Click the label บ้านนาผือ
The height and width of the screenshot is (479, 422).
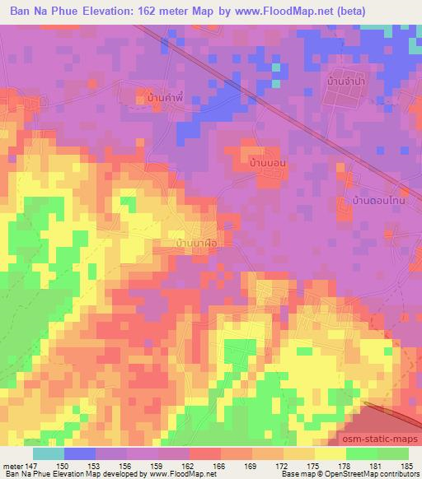(x=196, y=244)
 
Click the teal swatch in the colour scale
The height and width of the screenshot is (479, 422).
(x=49, y=453)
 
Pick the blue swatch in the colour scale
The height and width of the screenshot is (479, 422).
(x=78, y=453)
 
